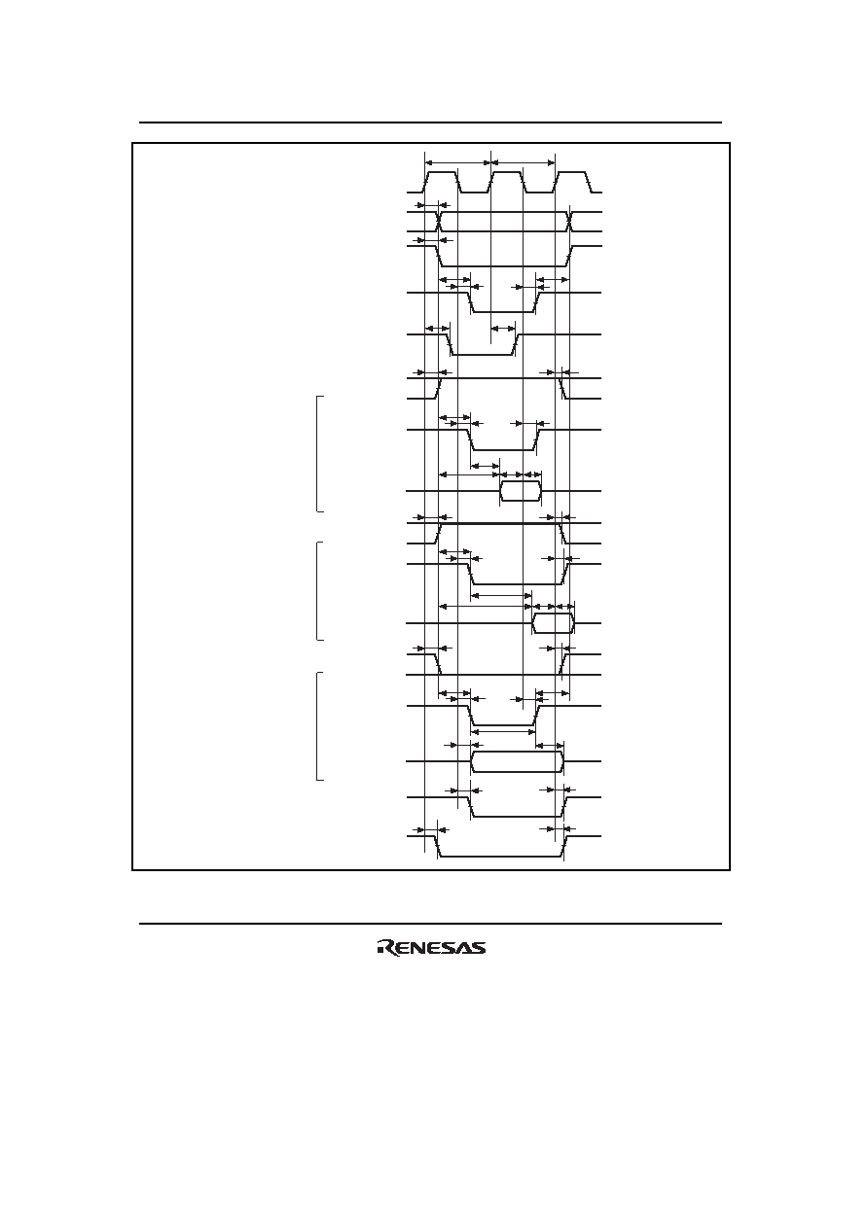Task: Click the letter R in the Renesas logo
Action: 384,947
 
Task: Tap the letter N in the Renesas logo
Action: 412,948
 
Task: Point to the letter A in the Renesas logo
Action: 462,948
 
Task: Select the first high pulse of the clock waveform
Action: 442,182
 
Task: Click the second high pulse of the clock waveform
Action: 507,182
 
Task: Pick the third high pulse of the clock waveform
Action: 573,182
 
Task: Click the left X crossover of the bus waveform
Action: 439,222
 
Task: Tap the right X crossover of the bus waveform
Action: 569,222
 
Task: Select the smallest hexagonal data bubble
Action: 521,491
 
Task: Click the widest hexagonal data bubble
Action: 518,761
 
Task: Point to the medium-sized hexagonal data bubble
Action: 553,624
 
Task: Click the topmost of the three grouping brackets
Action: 317,453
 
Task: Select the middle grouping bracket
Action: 317,591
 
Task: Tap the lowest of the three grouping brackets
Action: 317,726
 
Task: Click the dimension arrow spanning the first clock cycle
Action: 457,162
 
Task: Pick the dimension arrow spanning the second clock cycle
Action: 523,162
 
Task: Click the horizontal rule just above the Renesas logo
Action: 430,924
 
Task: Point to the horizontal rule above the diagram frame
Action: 430,123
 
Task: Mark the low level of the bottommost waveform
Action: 501,856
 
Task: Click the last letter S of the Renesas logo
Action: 478,948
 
